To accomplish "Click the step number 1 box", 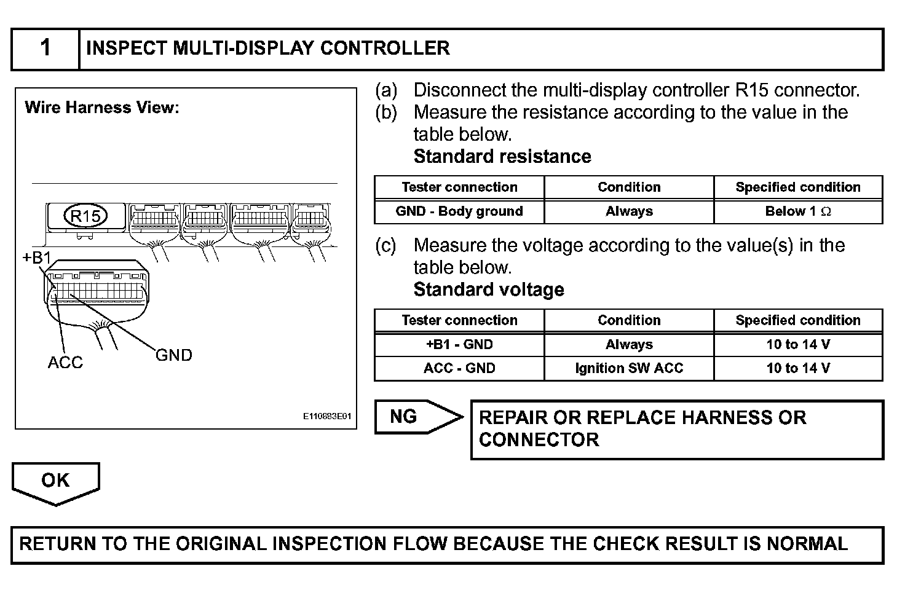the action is click(45, 49).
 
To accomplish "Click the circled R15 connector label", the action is click(85, 216).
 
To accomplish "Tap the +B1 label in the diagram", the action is click(37, 258).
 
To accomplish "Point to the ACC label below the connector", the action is click(65, 363).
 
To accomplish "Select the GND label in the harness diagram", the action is click(174, 355).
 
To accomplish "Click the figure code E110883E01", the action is click(327, 416).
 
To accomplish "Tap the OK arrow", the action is click(55, 482).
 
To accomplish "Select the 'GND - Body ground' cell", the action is click(459, 211).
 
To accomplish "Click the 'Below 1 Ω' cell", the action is click(798, 211).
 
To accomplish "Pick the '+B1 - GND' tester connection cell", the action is click(459, 345).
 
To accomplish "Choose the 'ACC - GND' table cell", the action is click(459, 368).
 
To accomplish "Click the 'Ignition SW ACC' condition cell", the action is click(629, 368).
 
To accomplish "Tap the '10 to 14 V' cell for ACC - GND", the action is click(798, 368).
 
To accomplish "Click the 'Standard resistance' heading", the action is click(502, 157).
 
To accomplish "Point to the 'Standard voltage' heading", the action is click(489, 289).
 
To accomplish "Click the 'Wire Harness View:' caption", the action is click(102, 108).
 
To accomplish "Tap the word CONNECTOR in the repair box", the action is click(539, 440).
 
